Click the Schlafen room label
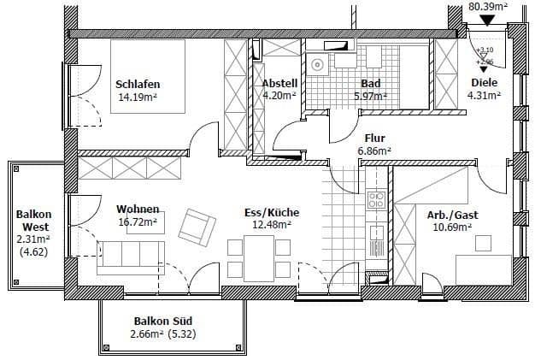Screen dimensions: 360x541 [138, 85]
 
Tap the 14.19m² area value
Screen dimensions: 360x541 [138, 97]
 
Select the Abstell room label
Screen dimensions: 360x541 [279, 84]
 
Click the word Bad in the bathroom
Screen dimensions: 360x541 [370, 84]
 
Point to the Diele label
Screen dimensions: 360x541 [484, 84]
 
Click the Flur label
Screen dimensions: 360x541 [374, 138]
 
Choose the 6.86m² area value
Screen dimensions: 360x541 [374, 150]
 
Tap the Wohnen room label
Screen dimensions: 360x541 [137, 209]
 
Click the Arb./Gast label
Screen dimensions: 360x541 [452, 215]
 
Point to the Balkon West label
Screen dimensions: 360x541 [33, 221]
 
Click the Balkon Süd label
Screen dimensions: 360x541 [162, 321]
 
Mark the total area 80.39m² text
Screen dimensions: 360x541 [488, 6]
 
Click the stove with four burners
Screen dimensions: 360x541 [376, 201]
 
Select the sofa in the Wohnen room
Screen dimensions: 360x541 [130, 257]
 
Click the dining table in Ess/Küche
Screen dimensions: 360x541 [250, 254]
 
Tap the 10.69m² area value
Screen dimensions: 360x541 [452, 227]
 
